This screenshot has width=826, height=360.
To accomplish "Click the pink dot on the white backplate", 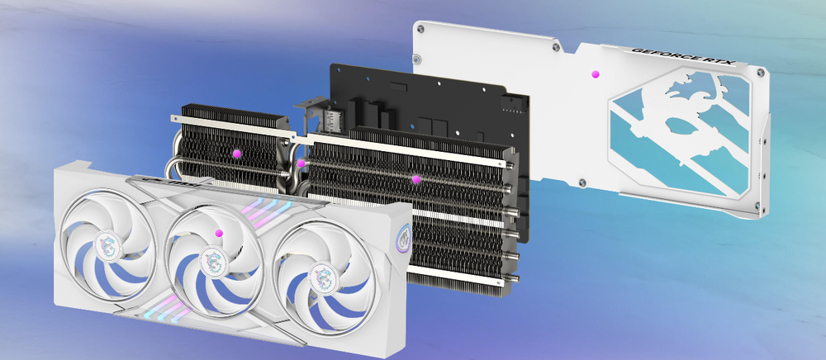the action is coord(596,74).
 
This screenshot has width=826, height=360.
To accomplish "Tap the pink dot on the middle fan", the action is coord(219,233).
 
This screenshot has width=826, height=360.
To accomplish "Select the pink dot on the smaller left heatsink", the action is coord(236,154).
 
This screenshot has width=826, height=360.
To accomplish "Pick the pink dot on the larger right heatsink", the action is coord(416,179).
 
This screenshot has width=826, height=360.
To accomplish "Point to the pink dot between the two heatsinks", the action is coord(301,163).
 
